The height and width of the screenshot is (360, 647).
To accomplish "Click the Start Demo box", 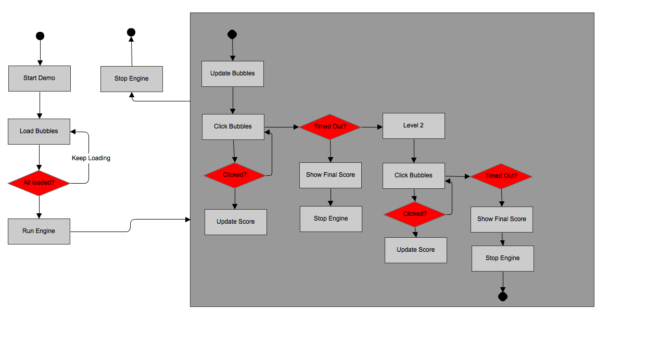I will [x=40, y=79].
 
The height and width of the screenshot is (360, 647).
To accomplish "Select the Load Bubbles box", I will [x=39, y=131].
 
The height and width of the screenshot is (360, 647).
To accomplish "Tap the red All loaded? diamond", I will [x=39, y=183].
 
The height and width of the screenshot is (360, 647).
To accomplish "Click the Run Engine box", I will [x=39, y=231].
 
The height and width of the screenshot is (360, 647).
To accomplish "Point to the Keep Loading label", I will [x=91, y=158].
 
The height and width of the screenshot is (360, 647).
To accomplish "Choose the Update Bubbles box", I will [x=233, y=74].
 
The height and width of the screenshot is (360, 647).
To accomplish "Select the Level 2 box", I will [x=414, y=126].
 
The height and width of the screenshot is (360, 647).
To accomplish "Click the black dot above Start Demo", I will [x=40, y=36].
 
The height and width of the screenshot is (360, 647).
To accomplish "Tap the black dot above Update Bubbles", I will [x=232, y=35].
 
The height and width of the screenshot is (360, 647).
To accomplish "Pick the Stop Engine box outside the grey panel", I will [x=132, y=79].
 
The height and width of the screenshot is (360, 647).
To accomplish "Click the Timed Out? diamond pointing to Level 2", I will [x=330, y=126].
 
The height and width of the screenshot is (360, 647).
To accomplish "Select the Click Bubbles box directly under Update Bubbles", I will [x=233, y=126].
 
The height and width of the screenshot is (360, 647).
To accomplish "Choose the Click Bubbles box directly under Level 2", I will [x=414, y=175].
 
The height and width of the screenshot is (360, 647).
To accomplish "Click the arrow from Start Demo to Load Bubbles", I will [x=40, y=105].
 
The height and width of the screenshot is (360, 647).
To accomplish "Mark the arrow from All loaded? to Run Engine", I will [x=39, y=207].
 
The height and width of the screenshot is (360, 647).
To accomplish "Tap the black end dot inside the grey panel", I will [x=503, y=297].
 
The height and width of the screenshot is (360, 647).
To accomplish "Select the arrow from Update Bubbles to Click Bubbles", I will [x=233, y=100].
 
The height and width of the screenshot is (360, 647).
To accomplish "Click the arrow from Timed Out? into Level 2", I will [x=372, y=126].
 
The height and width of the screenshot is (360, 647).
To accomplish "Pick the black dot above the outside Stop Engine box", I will [x=131, y=32].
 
